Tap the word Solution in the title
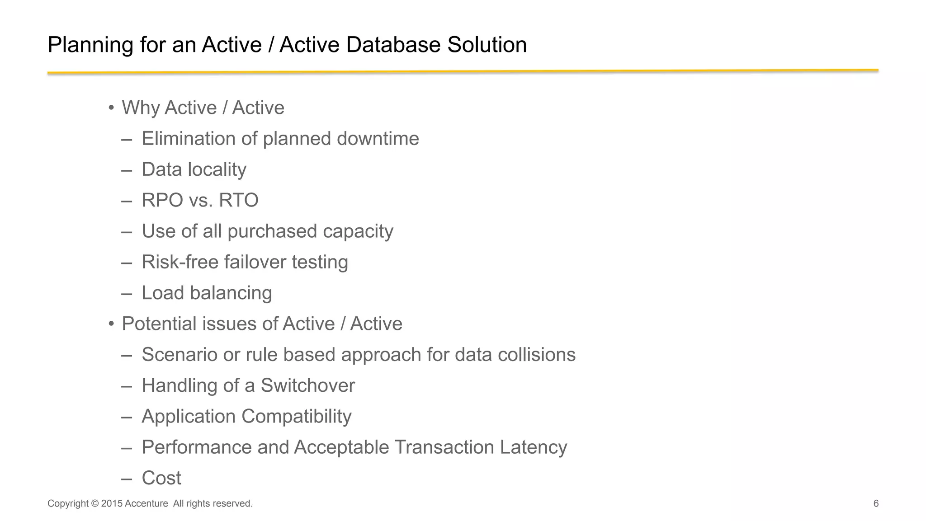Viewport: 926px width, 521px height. tap(487, 45)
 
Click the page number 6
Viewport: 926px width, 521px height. tap(876, 503)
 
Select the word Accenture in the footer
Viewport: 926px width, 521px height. tap(146, 503)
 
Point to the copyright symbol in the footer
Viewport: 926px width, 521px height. tap(94, 503)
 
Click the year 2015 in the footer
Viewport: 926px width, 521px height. tap(112, 503)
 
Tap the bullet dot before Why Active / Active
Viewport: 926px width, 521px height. tap(111, 108)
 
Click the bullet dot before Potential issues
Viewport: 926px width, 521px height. tap(111, 324)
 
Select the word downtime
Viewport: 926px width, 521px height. tap(378, 139)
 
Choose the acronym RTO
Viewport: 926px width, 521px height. tap(238, 200)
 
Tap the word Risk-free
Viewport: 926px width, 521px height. tap(180, 262)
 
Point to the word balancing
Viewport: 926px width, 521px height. tap(231, 293)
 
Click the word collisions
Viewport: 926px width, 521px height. tap(536, 355)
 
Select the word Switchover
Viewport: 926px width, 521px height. tap(307, 385)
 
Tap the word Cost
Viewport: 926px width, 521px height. tap(161, 478)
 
